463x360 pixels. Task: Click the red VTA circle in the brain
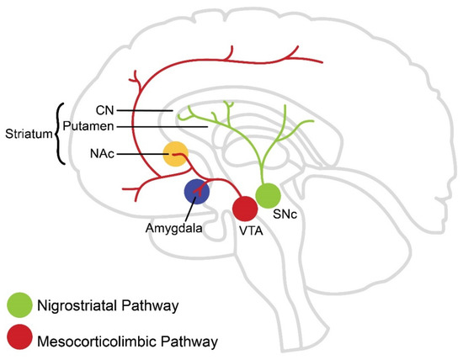point(245,207)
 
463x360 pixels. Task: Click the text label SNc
point(291,215)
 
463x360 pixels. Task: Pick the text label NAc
point(102,153)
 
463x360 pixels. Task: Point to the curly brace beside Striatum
point(57,132)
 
